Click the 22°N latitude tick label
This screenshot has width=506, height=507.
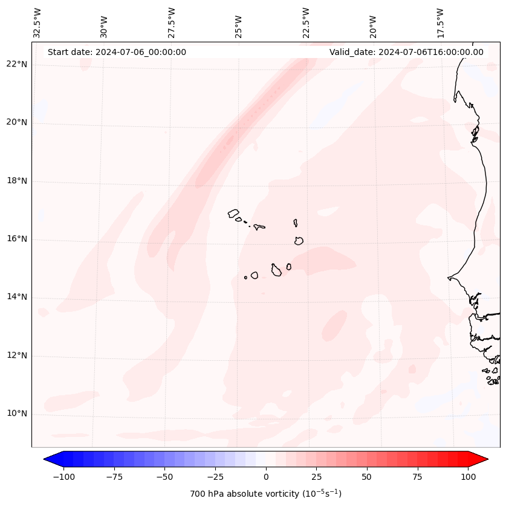coord(17,64)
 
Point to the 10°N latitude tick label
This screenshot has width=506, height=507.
coord(17,414)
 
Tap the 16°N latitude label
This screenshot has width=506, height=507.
coord(17,239)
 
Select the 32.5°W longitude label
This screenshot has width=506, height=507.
coord(37,22)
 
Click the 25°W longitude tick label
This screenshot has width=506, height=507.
coord(239,22)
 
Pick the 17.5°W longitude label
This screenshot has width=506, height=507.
coord(440,22)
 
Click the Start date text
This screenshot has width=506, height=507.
coord(117,52)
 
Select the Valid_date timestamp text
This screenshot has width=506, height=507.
coord(406,52)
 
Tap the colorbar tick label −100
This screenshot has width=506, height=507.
coord(63,477)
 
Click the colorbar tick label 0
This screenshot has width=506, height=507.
coord(266,477)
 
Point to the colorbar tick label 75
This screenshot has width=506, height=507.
coord(417,477)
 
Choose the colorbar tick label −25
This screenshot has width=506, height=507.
coord(215,477)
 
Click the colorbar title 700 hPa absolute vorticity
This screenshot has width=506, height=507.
coord(265,494)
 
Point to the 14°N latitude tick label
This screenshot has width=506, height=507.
coord(17,297)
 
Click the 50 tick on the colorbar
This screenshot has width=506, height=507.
coord(367,477)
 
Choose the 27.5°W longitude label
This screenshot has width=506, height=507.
coord(172,22)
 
